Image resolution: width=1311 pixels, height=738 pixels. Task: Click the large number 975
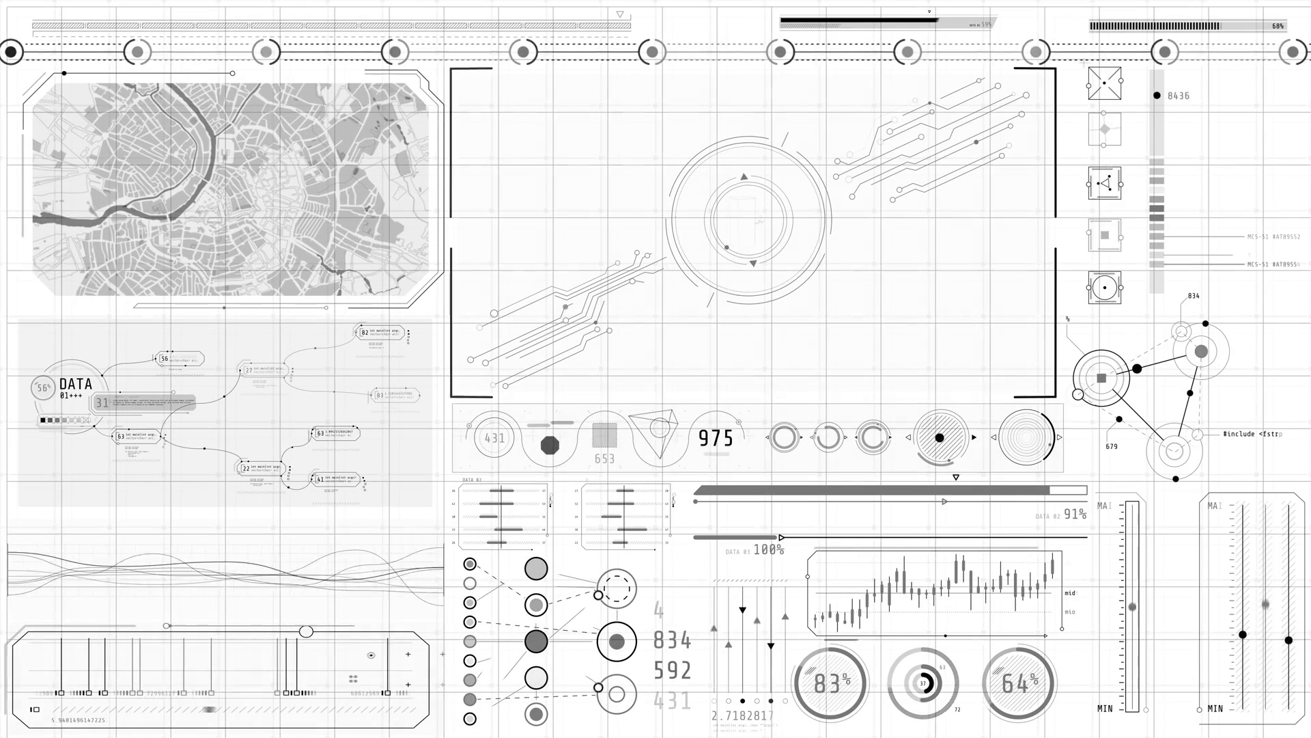(x=716, y=438)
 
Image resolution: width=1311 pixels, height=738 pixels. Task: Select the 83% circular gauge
(x=830, y=683)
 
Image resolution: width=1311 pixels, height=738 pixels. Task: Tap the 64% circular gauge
(x=1019, y=683)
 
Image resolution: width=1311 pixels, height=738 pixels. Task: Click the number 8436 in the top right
(x=1178, y=96)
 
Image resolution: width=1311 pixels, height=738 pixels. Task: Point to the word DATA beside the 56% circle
(x=75, y=384)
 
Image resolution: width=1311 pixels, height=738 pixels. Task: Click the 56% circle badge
(x=43, y=388)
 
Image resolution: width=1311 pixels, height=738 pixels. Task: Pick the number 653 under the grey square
(x=604, y=459)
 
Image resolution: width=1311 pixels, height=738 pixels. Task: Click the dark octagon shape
(x=550, y=446)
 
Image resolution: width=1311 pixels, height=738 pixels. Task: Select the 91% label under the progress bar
(x=1075, y=514)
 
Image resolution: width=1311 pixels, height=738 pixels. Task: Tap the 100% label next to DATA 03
(x=768, y=549)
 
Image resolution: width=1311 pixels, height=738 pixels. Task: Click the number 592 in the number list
(x=673, y=670)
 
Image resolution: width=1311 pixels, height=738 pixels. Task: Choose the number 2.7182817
(x=743, y=715)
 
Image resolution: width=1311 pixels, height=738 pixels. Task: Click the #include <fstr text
(x=1252, y=434)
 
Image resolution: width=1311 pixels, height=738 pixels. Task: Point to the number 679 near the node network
(x=1112, y=447)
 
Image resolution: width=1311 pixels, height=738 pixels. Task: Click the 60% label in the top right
(x=1278, y=27)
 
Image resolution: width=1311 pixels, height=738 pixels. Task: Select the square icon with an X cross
(x=1104, y=83)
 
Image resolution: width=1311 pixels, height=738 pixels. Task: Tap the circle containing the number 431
(x=494, y=438)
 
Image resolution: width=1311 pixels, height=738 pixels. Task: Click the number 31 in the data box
(x=102, y=403)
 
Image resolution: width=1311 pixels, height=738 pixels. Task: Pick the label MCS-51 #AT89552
(x=1273, y=237)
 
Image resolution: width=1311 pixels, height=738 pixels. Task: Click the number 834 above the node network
(x=1194, y=296)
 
